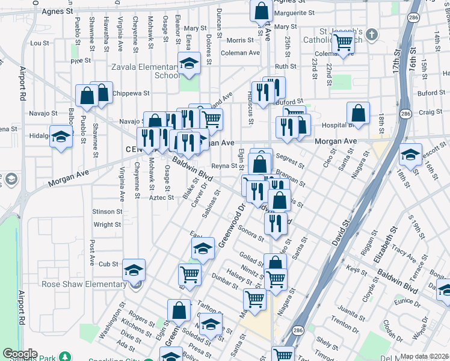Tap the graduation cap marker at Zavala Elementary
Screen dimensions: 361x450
(189, 63)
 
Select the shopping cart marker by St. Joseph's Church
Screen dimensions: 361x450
(343, 42)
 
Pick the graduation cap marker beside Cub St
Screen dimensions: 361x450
(134, 270)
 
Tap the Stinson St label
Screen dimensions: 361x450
(107, 211)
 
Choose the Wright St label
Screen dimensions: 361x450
(107, 224)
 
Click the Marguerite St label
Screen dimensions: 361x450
(294, 12)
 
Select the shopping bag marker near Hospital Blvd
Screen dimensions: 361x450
(358, 113)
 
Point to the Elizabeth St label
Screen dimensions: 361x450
(384, 244)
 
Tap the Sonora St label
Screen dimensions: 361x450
(250, 232)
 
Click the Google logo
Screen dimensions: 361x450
(20, 354)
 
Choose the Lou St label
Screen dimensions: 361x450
(39, 43)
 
